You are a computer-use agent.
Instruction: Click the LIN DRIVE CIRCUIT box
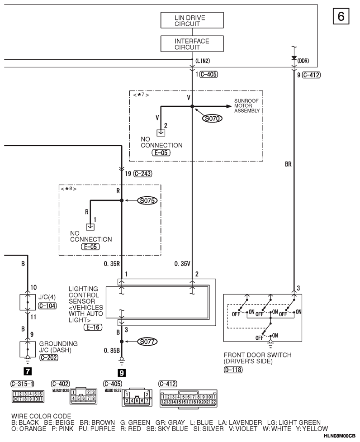[192, 20]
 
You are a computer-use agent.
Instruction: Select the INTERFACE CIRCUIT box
[192, 44]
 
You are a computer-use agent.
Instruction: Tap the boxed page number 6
[341, 16]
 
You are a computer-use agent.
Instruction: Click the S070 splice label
[212, 119]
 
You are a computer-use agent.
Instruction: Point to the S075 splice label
[147, 200]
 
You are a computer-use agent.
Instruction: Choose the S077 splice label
[147, 342]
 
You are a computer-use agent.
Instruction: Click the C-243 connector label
[143, 174]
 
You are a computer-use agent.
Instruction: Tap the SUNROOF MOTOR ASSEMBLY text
[247, 106]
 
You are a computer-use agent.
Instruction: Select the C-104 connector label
[47, 306]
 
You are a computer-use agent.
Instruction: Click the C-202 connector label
[49, 358]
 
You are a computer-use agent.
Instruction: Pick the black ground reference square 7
[27, 371]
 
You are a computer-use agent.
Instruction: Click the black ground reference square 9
[121, 373]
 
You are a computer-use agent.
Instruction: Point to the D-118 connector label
[233, 369]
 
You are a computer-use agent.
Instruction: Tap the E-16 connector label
[93, 327]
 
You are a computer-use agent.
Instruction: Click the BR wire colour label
[288, 164]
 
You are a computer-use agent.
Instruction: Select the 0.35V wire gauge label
[182, 264]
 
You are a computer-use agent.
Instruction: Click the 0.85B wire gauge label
[112, 350]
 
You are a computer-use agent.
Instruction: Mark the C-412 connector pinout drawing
[188, 398]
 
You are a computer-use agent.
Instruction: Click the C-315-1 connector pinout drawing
[28, 396]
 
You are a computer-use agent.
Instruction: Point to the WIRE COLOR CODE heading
[41, 416]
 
